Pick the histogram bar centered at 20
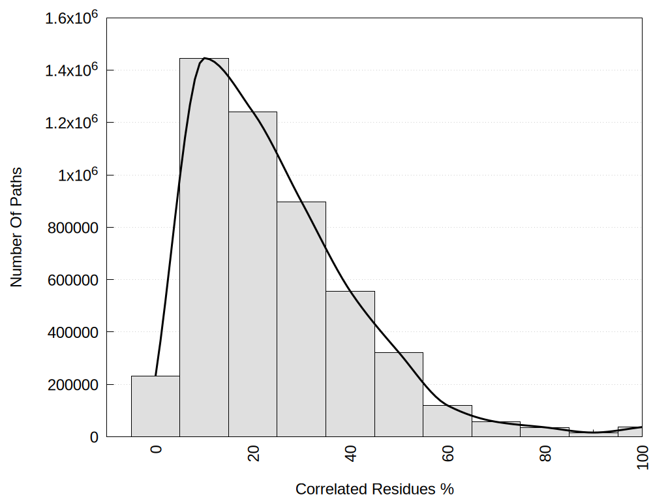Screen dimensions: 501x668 pyautogui.click(x=252, y=274)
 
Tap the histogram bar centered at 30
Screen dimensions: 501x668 pyautogui.click(x=301, y=320)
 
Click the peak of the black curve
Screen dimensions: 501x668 pyautogui.click(x=205, y=58)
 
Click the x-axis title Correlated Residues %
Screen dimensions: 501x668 pyautogui.click(x=374, y=489)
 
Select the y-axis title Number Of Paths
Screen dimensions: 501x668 pyautogui.click(x=16, y=227)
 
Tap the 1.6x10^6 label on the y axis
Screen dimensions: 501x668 pyautogui.click(x=71, y=18)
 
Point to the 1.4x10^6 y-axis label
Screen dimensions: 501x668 pyautogui.click(x=71, y=70)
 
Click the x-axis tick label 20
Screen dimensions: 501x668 pyautogui.click(x=253, y=453)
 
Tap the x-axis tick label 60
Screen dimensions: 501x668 pyautogui.click(x=448, y=453)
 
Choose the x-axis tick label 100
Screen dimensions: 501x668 pyautogui.click(x=643, y=455)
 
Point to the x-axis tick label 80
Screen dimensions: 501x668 pyautogui.click(x=545, y=453)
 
